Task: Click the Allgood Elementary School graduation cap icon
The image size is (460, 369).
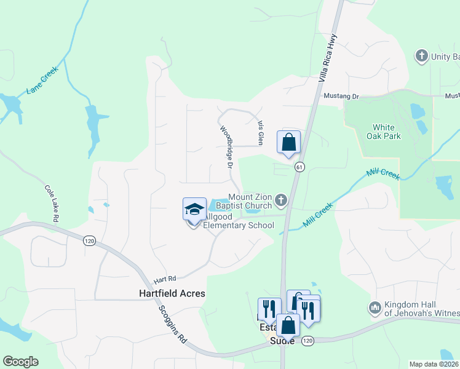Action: pyautogui.click(x=194, y=209)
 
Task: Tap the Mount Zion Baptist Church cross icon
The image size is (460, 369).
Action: pyautogui.click(x=281, y=199)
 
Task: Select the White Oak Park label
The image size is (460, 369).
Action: pyautogui.click(x=384, y=131)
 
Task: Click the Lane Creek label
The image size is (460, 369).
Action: pyautogui.click(x=41, y=84)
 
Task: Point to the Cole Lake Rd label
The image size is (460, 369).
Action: pyautogui.click(x=51, y=203)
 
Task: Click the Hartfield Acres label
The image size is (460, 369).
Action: pyautogui.click(x=172, y=293)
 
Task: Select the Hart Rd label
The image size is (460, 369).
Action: pyautogui.click(x=166, y=278)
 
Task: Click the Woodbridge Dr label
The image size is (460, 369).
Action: pyautogui.click(x=226, y=148)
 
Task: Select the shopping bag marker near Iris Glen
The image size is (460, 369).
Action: pyautogui.click(x=288, y=143)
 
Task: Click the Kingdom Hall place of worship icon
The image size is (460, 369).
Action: pyautogui.click(x=375, y=306)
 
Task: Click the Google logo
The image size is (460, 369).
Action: pyautogui.click(x=20, y=362)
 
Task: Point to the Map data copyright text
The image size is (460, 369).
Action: pyautogui.click(x=434, y=364)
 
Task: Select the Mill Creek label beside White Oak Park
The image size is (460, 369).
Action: pyautogui.click(x=383, y=175)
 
